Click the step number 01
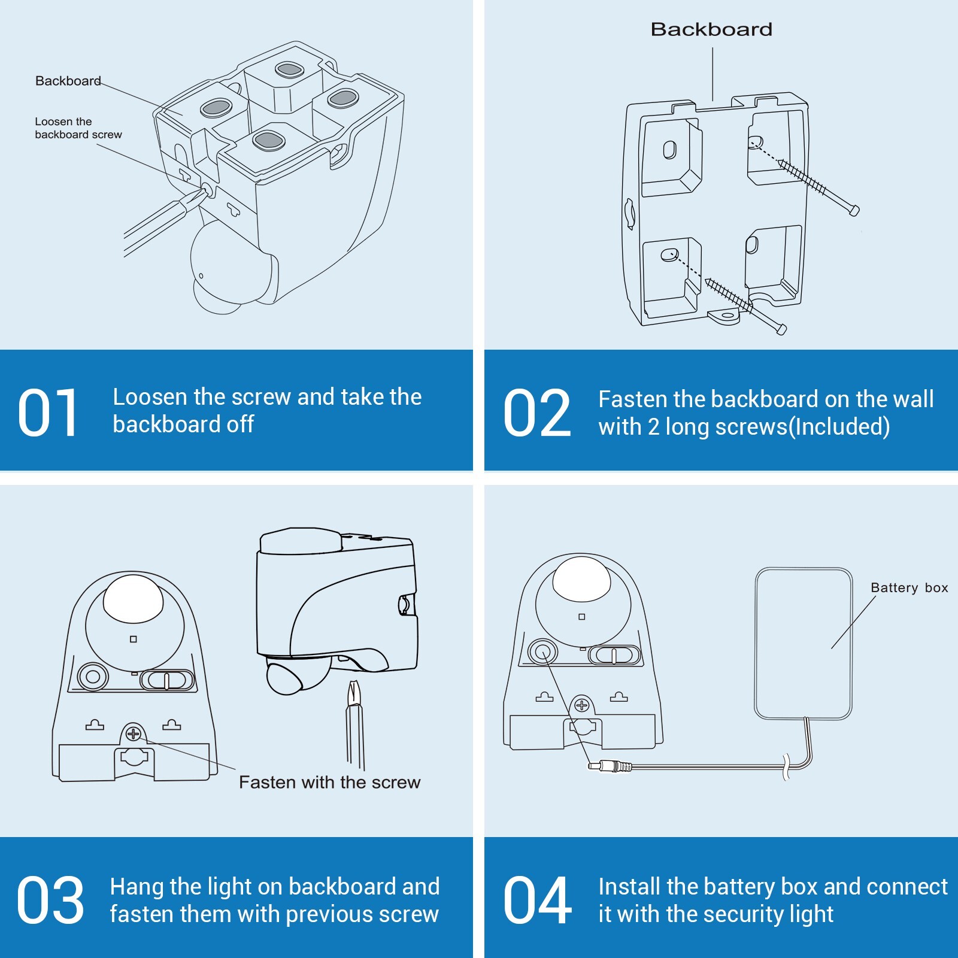[48, 413]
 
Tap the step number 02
[537, 413]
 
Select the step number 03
[50, 900]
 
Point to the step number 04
[537, 900]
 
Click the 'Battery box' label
[909, 588]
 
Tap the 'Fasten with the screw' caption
[329, 783]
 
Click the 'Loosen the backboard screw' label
[78, 128]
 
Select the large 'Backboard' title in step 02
[711, 29]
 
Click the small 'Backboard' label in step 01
[68, 81]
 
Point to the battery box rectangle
[803, 644]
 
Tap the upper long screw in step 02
[817, 184]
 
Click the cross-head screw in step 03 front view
[133, 733]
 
